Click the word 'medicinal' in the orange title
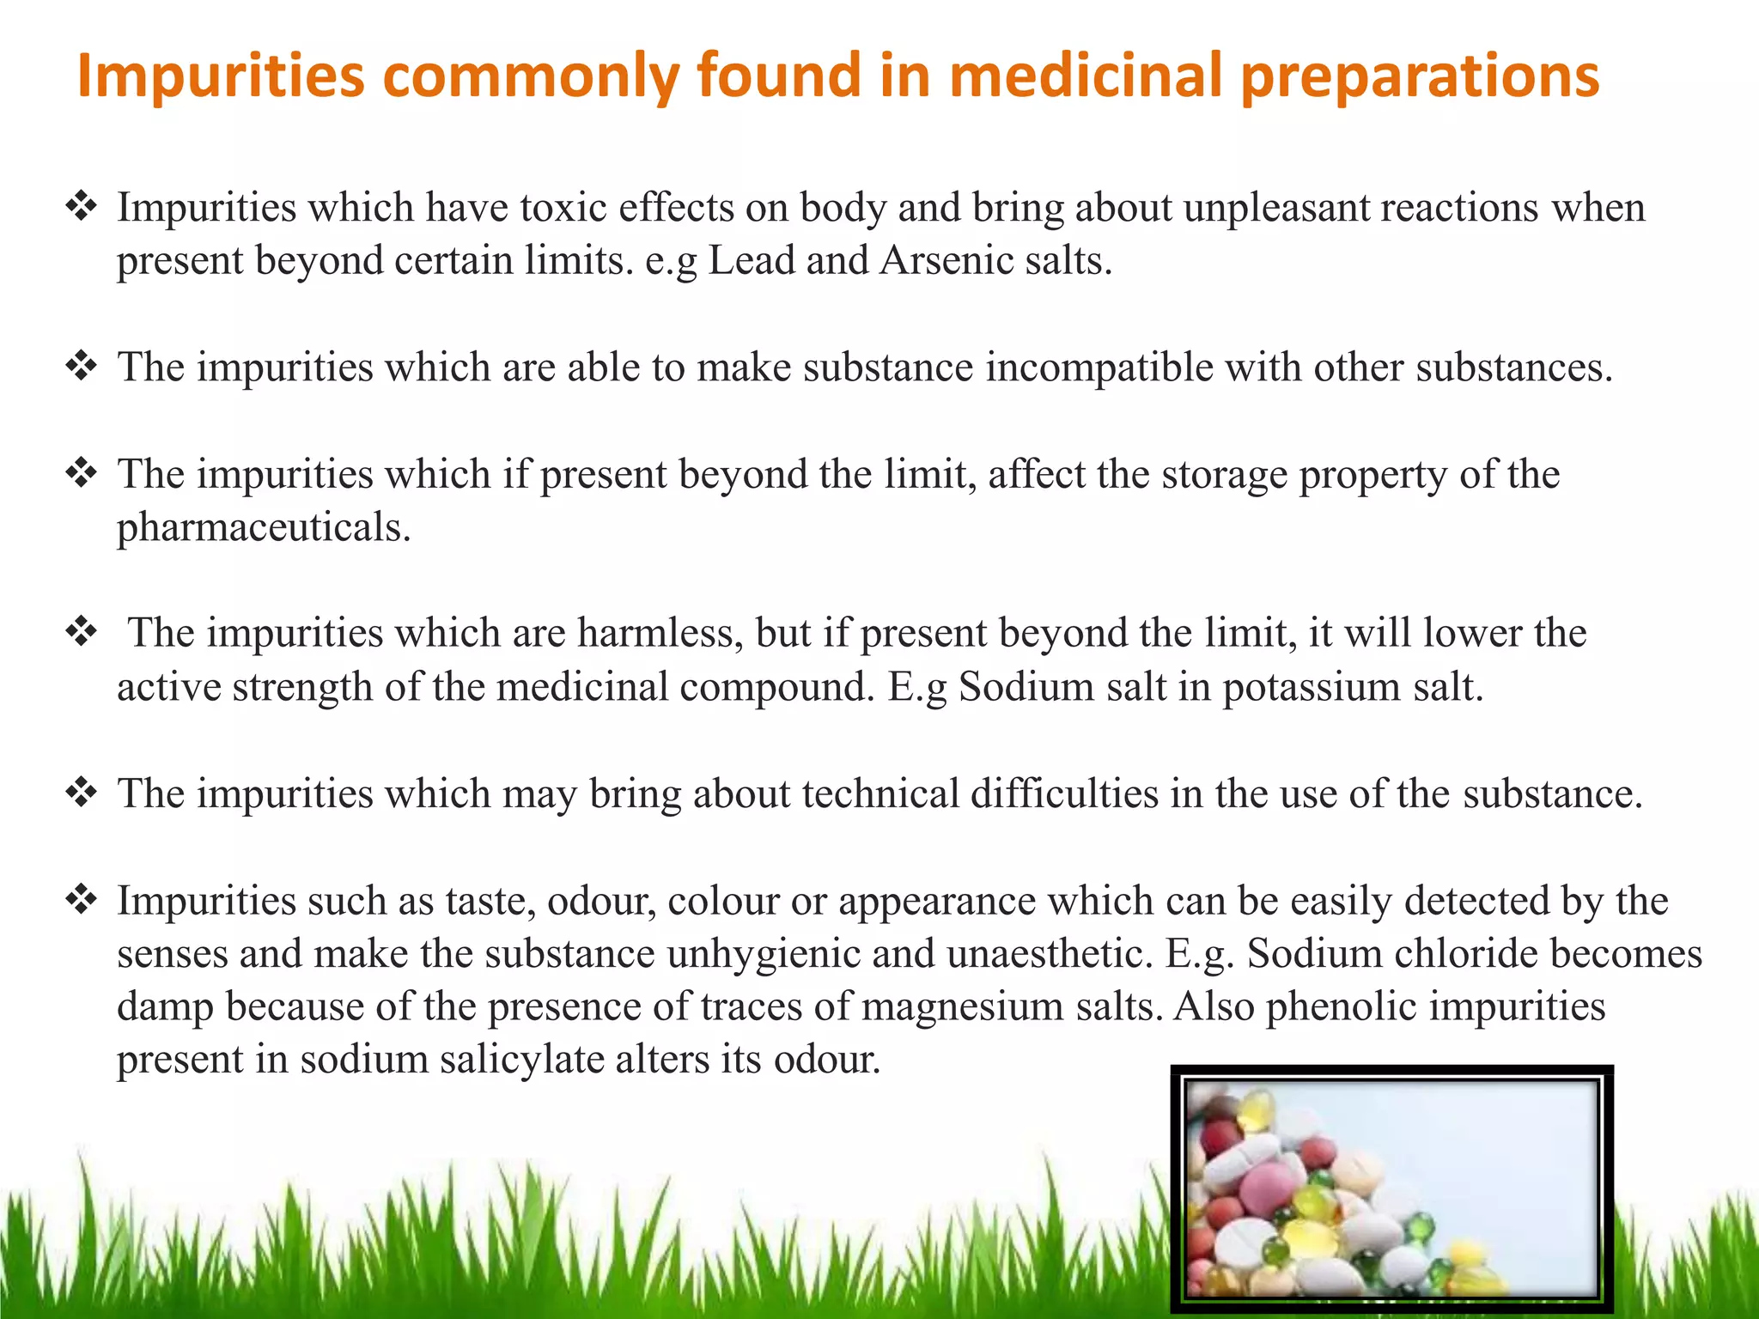click(1086, 76)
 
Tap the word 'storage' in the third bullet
click(1224, 475)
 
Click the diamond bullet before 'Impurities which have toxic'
click(82, 207)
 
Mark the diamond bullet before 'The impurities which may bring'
click(82, 793)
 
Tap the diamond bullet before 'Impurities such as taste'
click(82, 900)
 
